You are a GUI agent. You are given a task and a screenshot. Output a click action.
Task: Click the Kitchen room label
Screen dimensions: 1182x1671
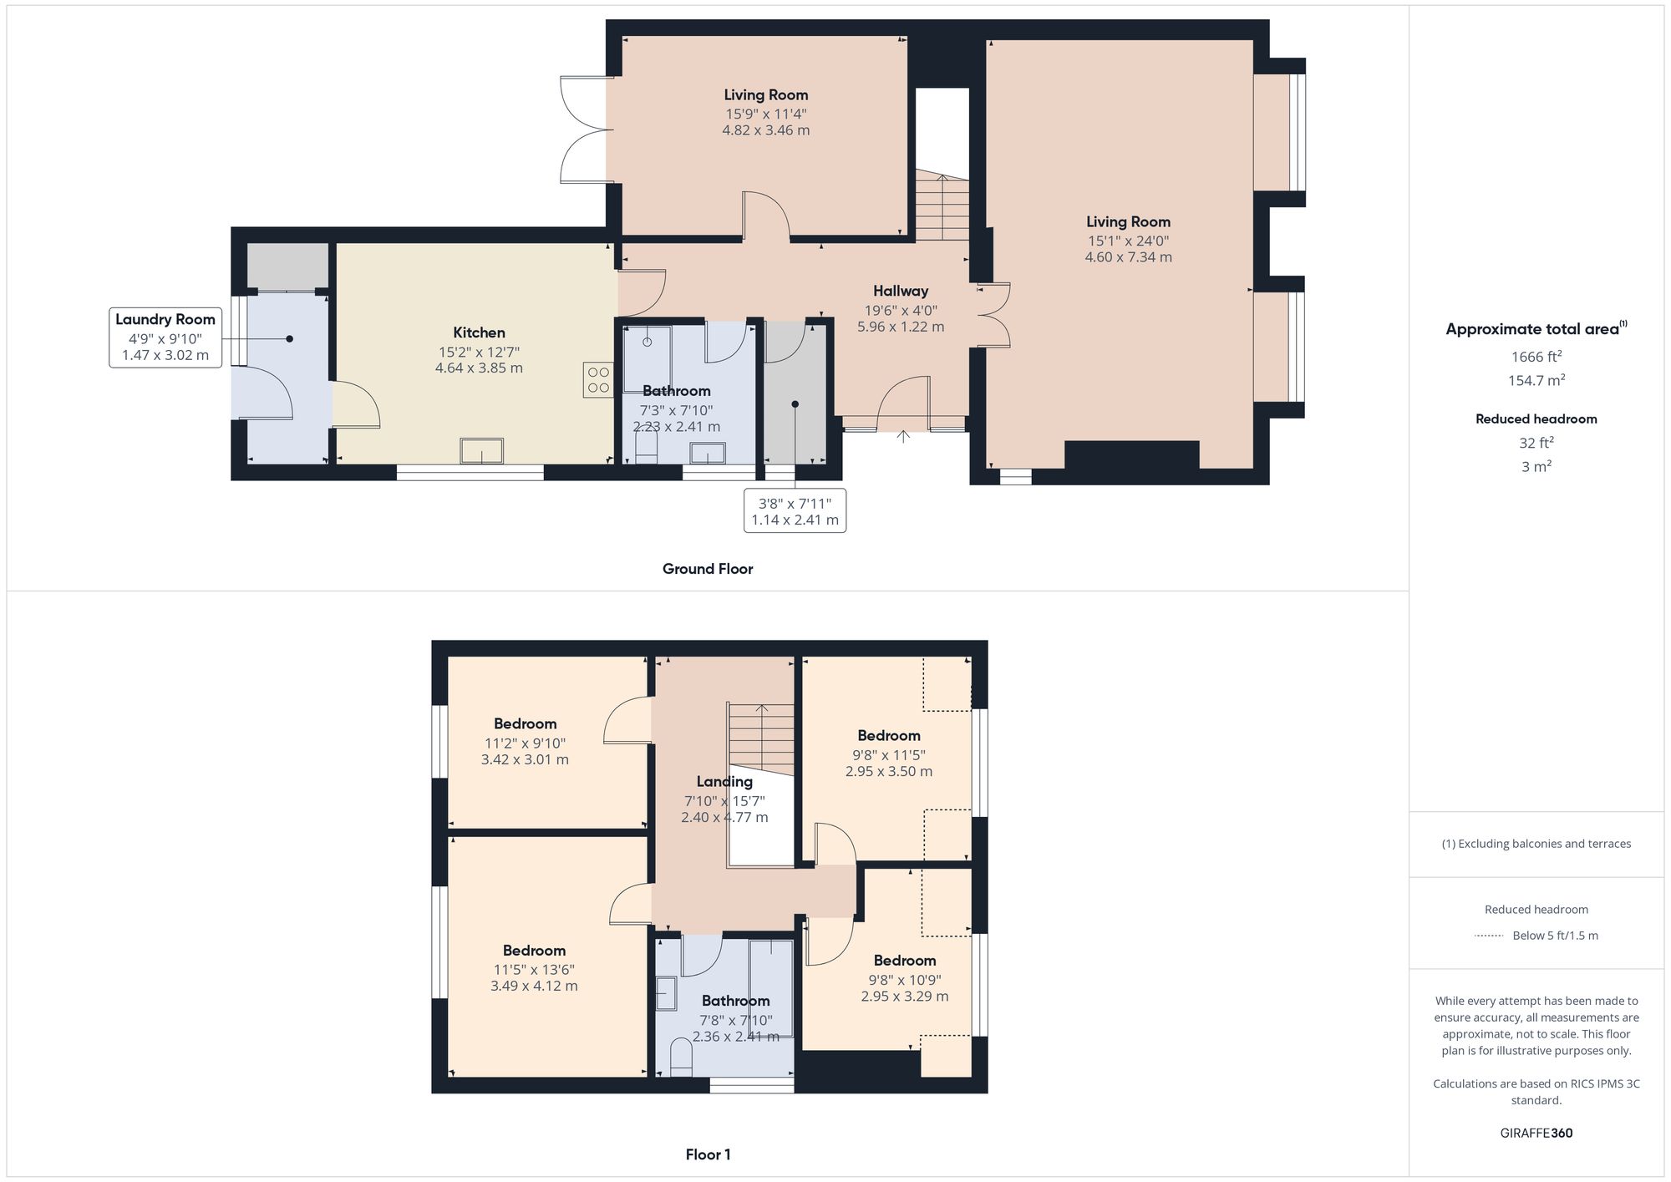(479, 332)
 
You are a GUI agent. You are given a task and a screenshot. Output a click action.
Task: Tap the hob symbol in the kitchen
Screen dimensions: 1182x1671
(598, 380)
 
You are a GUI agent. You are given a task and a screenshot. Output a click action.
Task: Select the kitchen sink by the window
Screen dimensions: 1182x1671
(482, 451)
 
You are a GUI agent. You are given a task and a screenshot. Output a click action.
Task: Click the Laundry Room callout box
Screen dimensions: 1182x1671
(165, 337)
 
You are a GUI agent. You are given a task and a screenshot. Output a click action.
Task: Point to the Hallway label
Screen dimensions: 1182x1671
(901, 291)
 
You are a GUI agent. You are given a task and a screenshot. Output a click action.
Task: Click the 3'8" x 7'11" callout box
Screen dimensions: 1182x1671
(795, 510)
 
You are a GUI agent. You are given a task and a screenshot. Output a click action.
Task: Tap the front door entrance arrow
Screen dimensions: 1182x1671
(903, 436)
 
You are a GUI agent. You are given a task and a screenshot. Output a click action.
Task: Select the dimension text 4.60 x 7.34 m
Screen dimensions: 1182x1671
(1128, 257)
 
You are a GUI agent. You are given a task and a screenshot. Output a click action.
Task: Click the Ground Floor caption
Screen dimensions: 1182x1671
(708, 569)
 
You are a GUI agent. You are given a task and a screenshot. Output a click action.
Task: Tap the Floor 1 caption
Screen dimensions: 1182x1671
(708, 1154)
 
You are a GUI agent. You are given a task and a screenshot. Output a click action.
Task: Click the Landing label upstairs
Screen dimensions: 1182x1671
(724, 782)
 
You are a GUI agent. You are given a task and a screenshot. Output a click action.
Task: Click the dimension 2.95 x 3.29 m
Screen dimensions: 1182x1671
(905, 997)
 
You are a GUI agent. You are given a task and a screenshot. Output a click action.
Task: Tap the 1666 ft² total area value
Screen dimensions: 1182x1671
(1536, 357)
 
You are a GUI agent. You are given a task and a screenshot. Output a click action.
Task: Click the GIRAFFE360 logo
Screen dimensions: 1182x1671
(1536, 1134)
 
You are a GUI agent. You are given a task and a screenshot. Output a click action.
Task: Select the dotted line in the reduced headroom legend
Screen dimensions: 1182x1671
(1488, 936)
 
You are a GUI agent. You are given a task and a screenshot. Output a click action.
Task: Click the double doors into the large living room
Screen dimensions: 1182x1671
(994, 315)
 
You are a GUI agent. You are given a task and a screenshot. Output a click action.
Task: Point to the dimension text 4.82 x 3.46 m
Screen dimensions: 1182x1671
(765, 130)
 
